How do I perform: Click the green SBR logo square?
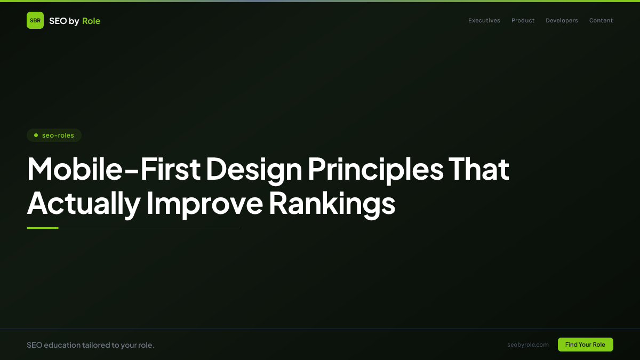pos(35,20)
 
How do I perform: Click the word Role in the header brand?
pos(91,21)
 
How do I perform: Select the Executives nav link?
pos(484,21)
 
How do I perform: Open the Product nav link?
pos(523,21)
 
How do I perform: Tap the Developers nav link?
pos(562,21)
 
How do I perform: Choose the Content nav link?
pos(601,21)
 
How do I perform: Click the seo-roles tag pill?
pos(54,135)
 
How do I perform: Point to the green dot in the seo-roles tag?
pos(36,135)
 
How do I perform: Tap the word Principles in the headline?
pos(375,169)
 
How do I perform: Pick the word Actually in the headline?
pos(83,203)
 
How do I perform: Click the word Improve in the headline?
pos(204,203)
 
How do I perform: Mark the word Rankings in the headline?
pos(332,203)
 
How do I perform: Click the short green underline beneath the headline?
pos(43,228)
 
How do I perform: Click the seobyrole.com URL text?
pos(528,345)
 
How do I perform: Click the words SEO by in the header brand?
pos(64,21)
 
